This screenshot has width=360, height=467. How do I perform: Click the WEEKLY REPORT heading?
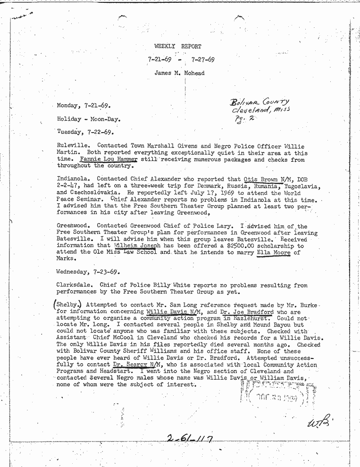[x=177, y=46]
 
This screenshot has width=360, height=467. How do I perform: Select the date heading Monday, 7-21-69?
[x=84, y=106]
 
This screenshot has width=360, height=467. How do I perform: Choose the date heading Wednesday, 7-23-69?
[x=88, y=272]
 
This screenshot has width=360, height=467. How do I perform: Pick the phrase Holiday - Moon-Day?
[x=86, y=119]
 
